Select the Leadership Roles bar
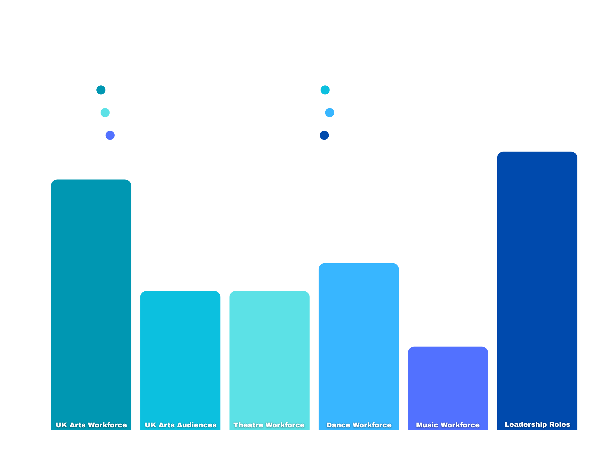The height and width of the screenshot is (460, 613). pyautogui.click(x=537, y=287)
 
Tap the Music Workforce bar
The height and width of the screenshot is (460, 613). pyautogui.click(x=448, y=386)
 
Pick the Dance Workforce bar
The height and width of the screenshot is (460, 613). pyautogui.click(x=359, y=344)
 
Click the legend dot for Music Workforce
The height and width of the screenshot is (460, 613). pyautogui.click(x=110, y=135)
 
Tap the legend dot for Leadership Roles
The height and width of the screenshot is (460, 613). pyautogui.click(x=324, y=135)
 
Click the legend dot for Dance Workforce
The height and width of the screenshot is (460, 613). pyautogui.click(x=330, y=112)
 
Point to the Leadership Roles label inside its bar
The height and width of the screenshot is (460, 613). pyautogui.click(x=537, y=424)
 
